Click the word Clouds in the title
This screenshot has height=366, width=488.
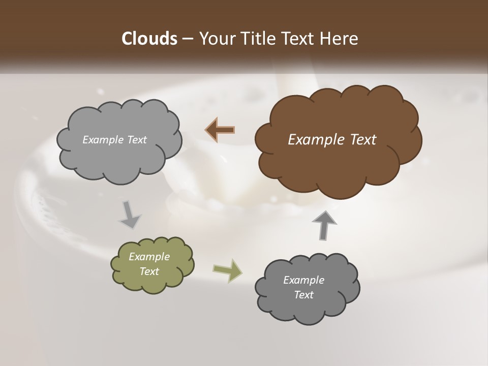149,39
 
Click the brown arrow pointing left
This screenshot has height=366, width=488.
220,130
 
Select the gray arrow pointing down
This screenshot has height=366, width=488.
130,215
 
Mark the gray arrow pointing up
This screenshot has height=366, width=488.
324,225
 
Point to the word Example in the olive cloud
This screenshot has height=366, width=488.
149,257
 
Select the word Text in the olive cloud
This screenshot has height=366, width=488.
149,271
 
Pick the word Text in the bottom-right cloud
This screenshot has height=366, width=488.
304,295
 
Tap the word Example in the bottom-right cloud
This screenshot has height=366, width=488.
304,280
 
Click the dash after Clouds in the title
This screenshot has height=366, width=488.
187,39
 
